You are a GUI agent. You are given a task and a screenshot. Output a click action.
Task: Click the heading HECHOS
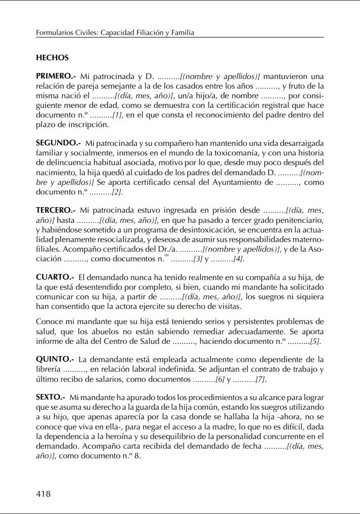click(x=52, y=58)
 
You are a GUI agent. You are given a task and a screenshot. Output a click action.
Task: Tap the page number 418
click(x=43, y=493)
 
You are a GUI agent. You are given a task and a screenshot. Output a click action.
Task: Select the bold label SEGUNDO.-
click(x=58, y=143)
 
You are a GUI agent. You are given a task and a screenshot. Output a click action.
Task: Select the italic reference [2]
click(x=117, y=192)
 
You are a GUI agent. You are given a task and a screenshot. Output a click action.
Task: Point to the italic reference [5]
click(x=315, y=342)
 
